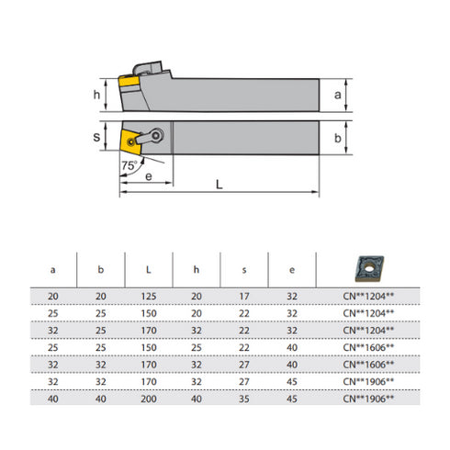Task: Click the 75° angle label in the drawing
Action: click(x=130, y=165)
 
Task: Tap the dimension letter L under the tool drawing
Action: click(x=218, y=185)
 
